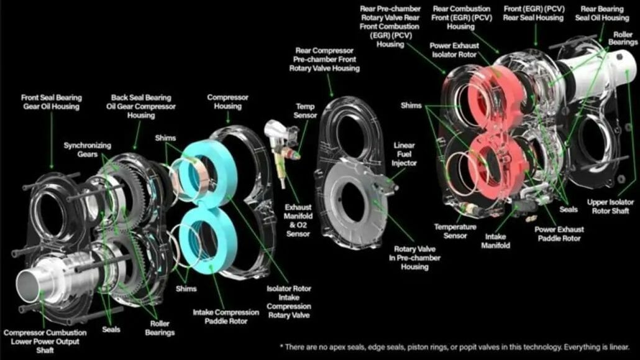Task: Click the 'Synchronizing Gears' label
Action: coord(87,150)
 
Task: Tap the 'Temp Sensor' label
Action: coord(305,111)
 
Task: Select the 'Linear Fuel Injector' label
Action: coord(404,154)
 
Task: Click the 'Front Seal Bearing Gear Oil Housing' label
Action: coord(51,102)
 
